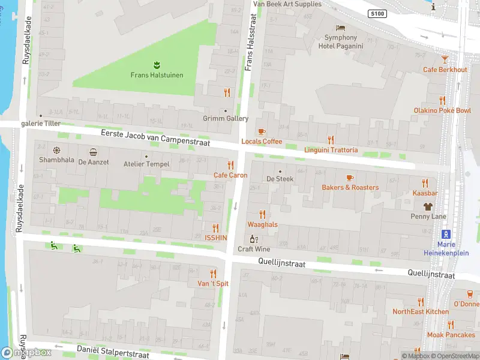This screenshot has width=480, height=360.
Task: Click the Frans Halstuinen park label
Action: point(157,75)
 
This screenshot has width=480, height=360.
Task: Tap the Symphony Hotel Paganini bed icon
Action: point(341,28)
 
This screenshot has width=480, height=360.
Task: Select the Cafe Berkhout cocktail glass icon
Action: point(445,59)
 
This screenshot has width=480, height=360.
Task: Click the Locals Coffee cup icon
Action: point(261,131)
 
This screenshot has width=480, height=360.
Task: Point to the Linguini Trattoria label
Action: point(331,150)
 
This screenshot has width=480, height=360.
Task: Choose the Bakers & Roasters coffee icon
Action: point(350,178)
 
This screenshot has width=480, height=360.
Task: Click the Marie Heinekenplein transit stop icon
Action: point(446,234)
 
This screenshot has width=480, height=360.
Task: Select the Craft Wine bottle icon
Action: point(254,239)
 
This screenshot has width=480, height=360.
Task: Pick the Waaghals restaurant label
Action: point(262,224)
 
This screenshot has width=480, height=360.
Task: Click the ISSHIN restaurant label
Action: point(215,238)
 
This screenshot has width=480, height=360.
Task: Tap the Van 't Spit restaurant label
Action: point(209,283)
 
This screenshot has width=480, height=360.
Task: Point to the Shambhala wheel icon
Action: point(57,151)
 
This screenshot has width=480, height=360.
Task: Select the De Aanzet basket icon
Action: point(93,152)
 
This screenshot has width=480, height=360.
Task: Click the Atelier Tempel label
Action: point(146,164)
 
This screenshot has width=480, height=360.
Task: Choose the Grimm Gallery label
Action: point(225,119)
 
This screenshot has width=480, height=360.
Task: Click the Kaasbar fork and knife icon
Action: point(425,183)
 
